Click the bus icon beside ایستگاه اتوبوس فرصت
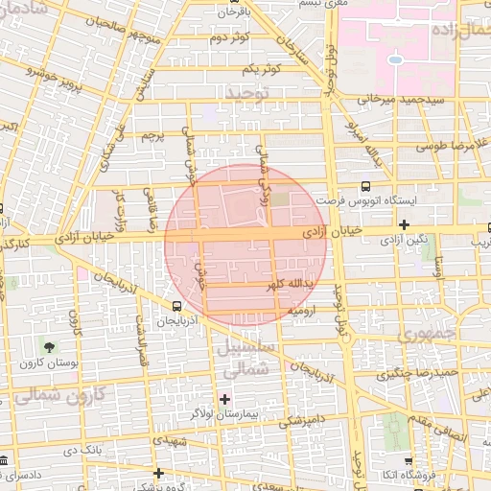click(364, 187)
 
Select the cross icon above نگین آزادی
click(405, 225)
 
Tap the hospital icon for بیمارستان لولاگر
click(225, 398)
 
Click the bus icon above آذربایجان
click(175, 305)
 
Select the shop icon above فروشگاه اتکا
click(409, 460)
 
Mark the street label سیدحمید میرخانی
click(403, 99)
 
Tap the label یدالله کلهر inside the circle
click(260, 287)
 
